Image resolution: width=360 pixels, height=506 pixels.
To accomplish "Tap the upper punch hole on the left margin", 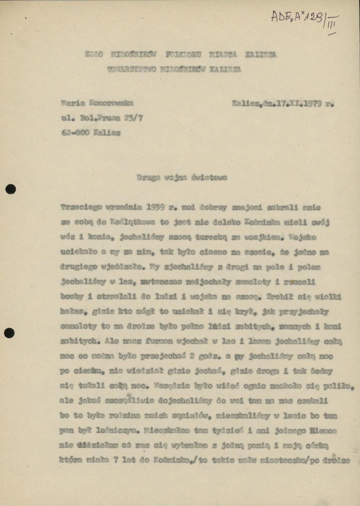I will point(11,189).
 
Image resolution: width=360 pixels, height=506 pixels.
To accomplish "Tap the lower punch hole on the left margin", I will point(10,333).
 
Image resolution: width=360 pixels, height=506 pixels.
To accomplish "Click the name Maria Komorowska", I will point(97,103).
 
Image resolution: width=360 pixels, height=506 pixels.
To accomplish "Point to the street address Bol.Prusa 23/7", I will point(112,118).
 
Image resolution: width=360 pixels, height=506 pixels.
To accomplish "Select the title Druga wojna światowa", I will point(182,178).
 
